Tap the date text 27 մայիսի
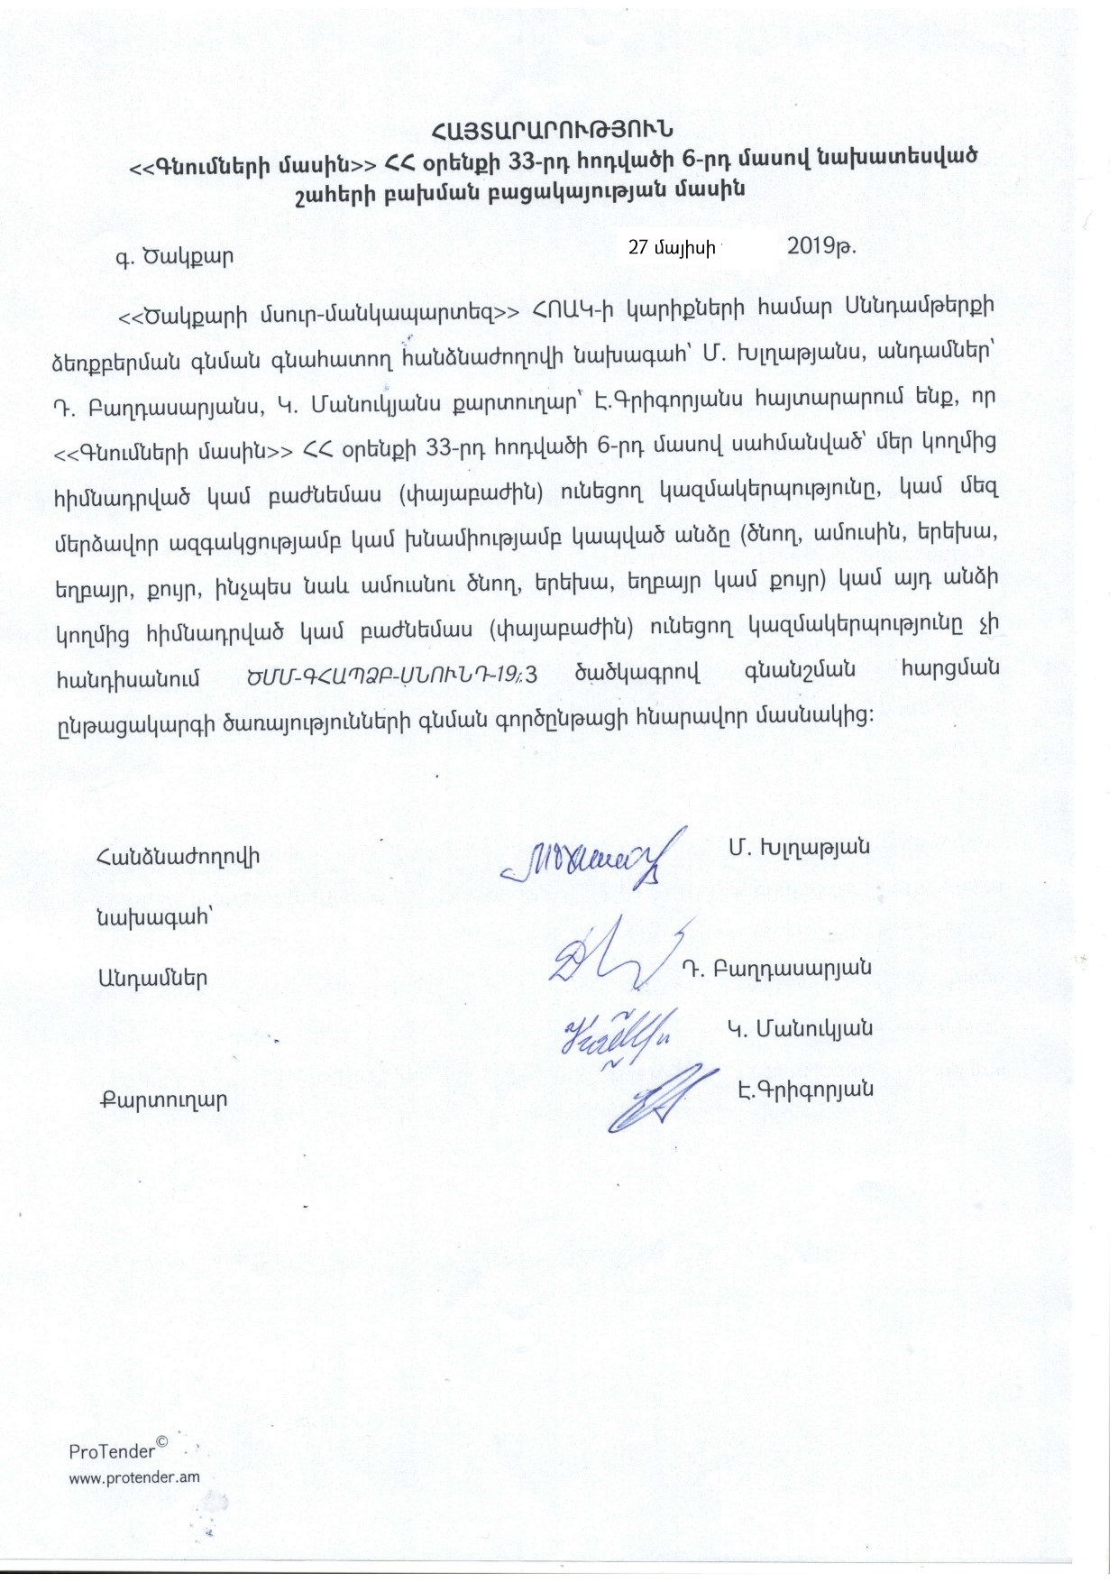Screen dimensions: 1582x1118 (671, 248)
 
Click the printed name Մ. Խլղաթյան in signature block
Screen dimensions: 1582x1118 (797, 847)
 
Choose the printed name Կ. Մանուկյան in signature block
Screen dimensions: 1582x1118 (800, 1028)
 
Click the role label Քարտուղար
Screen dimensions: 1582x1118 (163, 1100)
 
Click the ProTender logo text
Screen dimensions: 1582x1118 (118, 1451)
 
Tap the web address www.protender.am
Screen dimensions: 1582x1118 (134, 1477)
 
